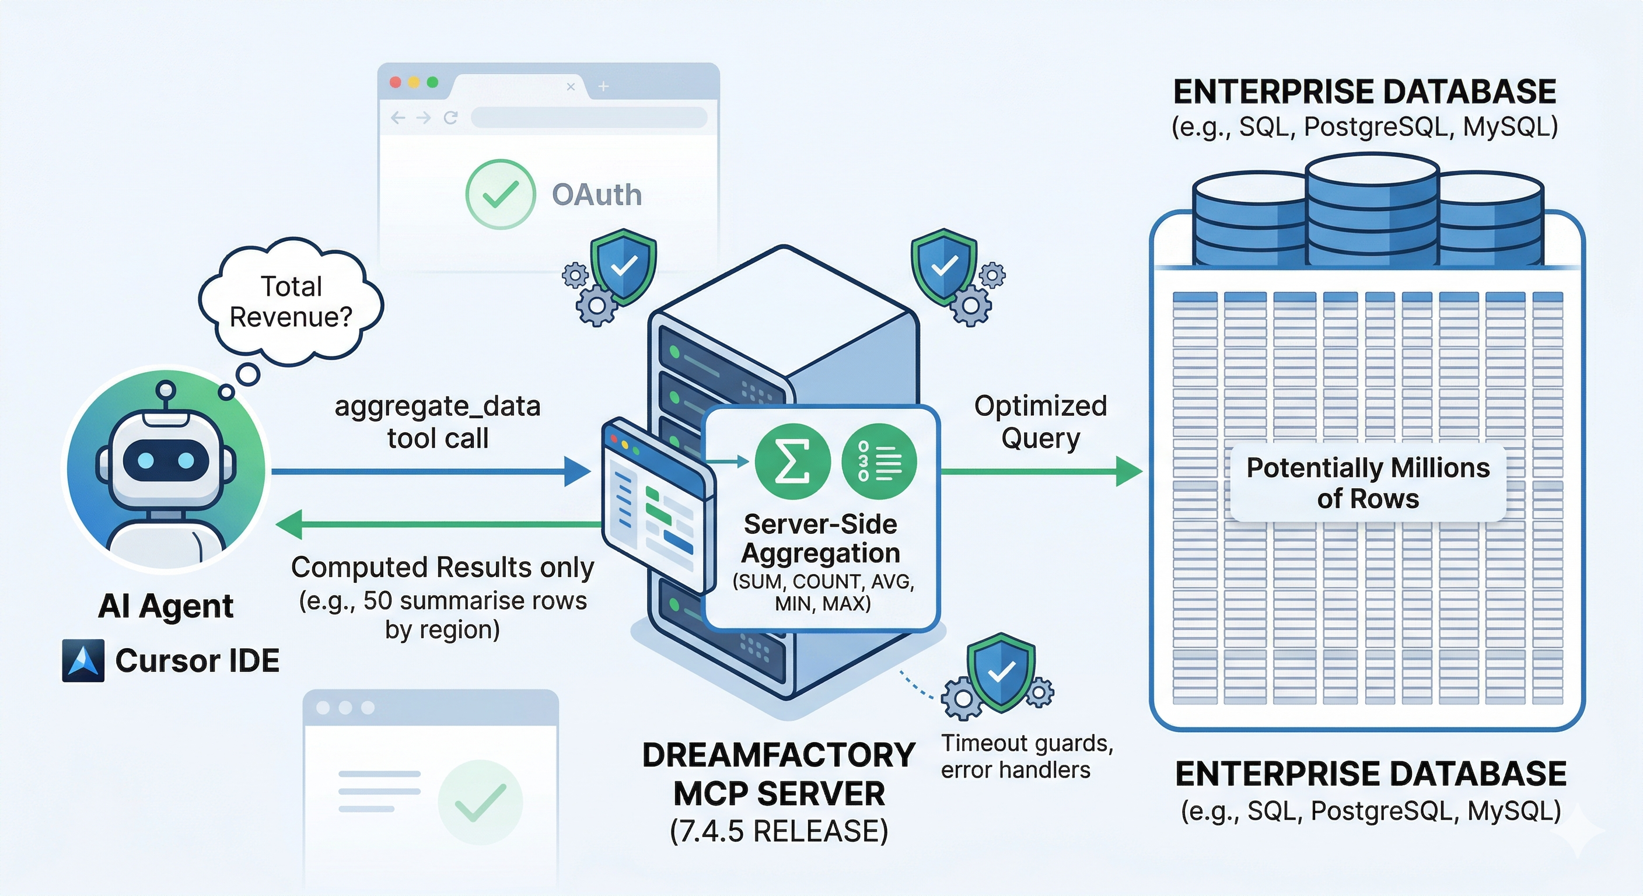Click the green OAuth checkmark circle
click(500, 194)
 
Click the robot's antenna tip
click(166, 388)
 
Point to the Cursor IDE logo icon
click(83, 661)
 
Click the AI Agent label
click(166, 606)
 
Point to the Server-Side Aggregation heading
click(821, 538)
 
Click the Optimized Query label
click(1040, 422)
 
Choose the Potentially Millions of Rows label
click(1368, 483)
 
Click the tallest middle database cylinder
click(1372, 211)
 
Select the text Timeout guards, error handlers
click(1027, 757)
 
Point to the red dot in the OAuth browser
click(396, 82)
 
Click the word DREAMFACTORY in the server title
click(779, 755)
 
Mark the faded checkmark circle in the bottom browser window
click(480, 802)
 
